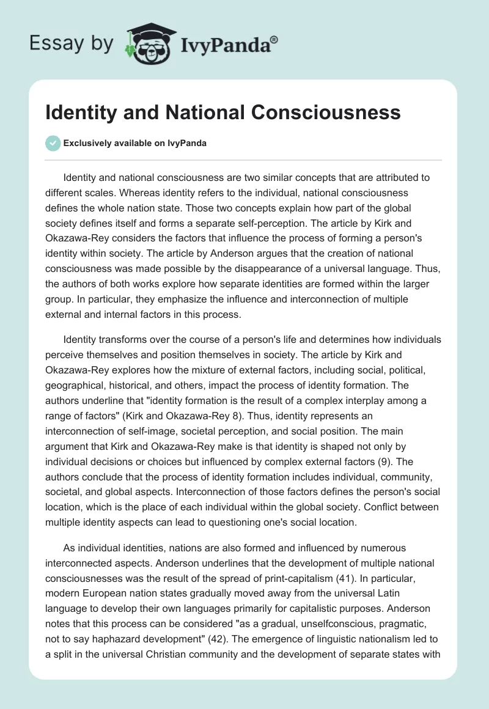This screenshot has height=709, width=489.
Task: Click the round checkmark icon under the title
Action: tap(53, 143)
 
